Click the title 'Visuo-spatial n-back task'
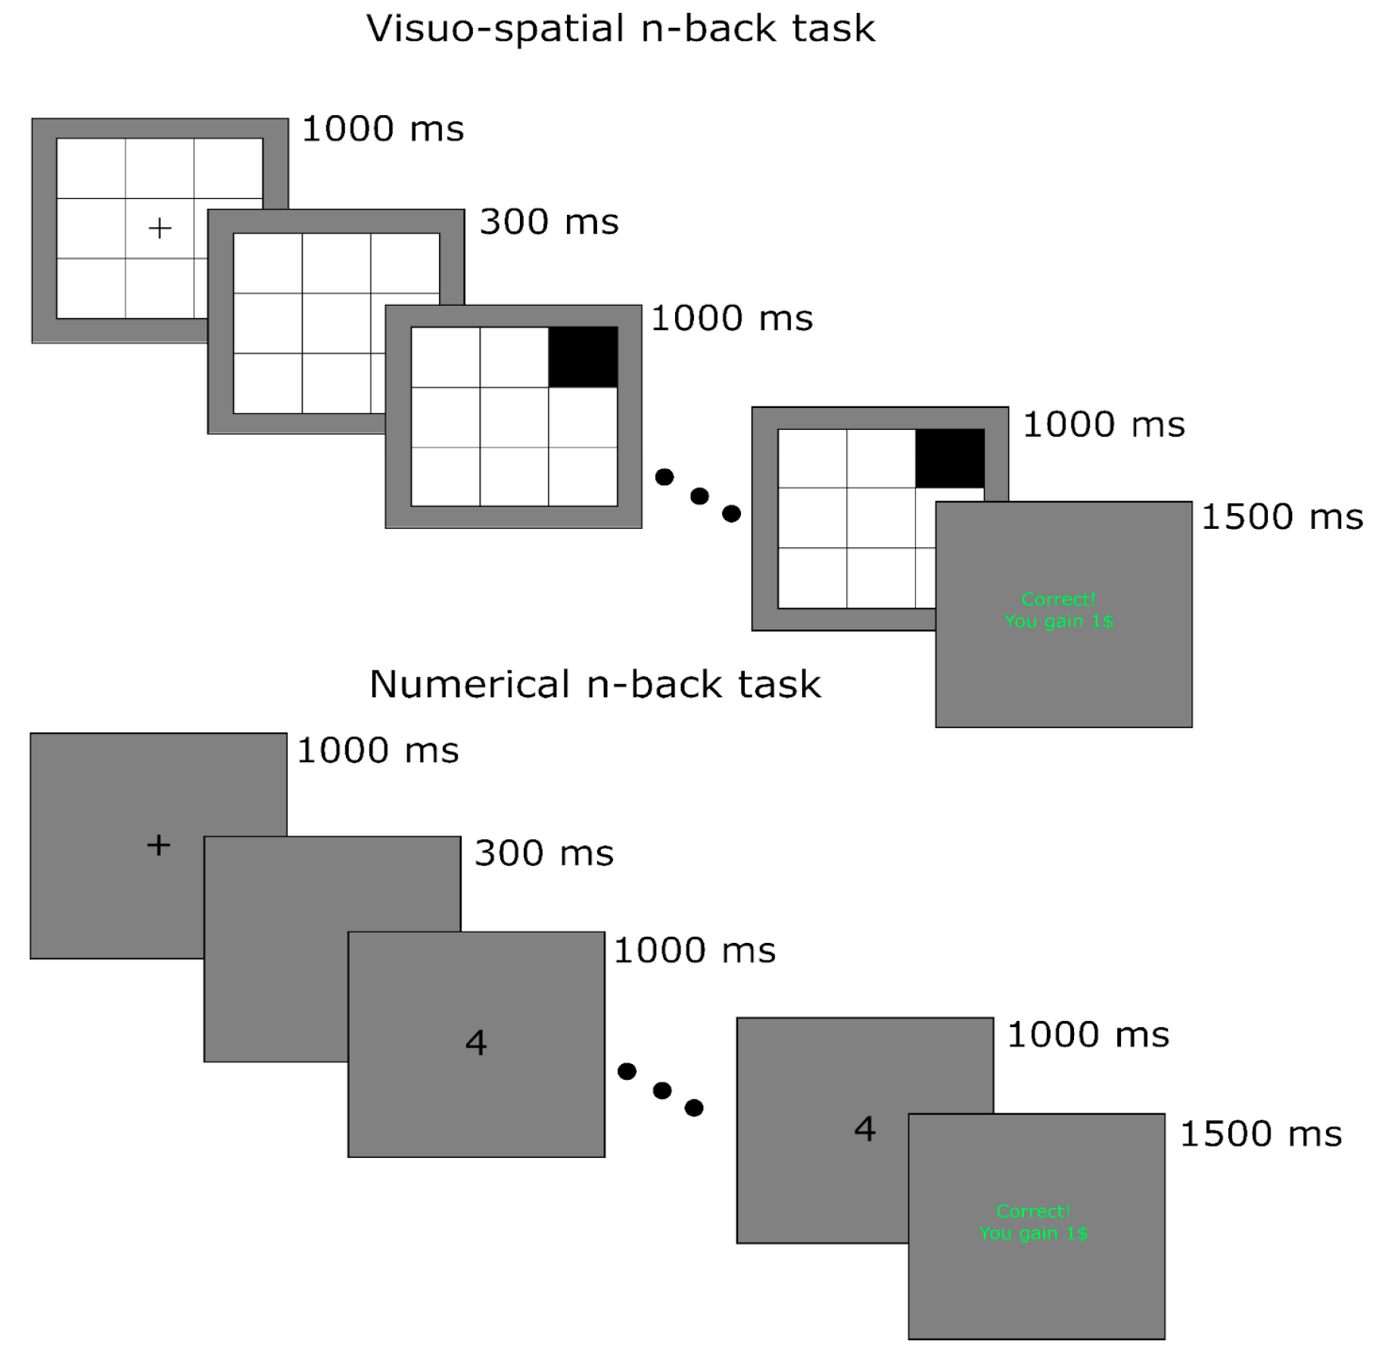click(621, 29)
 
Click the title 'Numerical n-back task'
click(595, 684)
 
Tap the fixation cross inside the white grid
click(160, 228)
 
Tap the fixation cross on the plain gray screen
click(158, 845)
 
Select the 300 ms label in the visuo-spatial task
click(549, 222)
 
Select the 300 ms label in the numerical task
click(543, 854)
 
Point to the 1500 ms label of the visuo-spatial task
click(1282, 518)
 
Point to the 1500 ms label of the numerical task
click(1261, 1134)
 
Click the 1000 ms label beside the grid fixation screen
click(383, 129)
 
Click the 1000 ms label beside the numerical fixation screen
click(378, 751)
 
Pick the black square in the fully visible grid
click(583, 356)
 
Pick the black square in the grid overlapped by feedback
click(950, 459)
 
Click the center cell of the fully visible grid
click(514, 417)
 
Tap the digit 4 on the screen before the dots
click(476, 1043)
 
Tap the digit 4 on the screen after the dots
click(865, 1129)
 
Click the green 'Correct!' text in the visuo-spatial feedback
click(1058, 599)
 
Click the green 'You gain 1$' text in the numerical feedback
click(1033, 1233)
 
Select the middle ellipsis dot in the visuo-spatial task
click(699, 496)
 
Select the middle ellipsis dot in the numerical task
click(662, 1091)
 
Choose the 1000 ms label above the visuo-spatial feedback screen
click(1104, 425)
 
